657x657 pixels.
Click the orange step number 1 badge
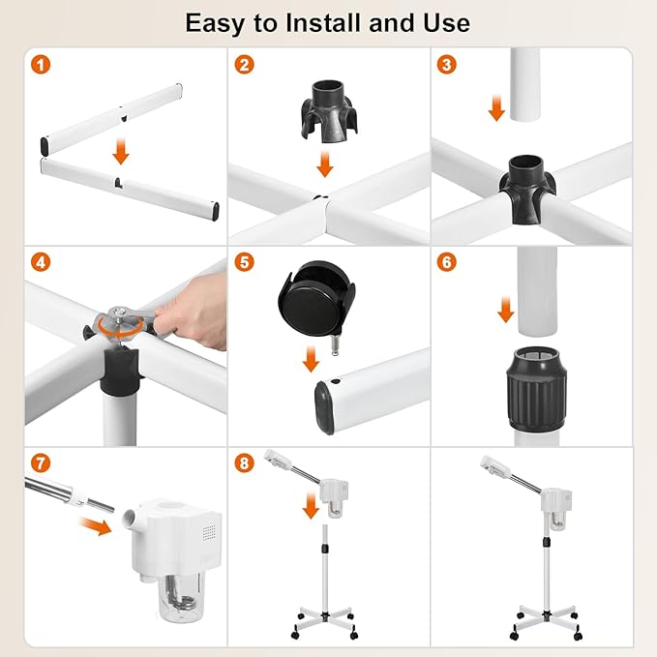(40, 66)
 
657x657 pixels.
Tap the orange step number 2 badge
(244, 66)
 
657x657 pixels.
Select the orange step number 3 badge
(446, 66)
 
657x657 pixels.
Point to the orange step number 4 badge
(40, 263)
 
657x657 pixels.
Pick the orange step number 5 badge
(244, 263)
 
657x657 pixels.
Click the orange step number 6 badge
(446, 263)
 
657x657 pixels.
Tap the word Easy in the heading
(218, 21)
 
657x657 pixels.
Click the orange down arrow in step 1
(121, 151)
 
